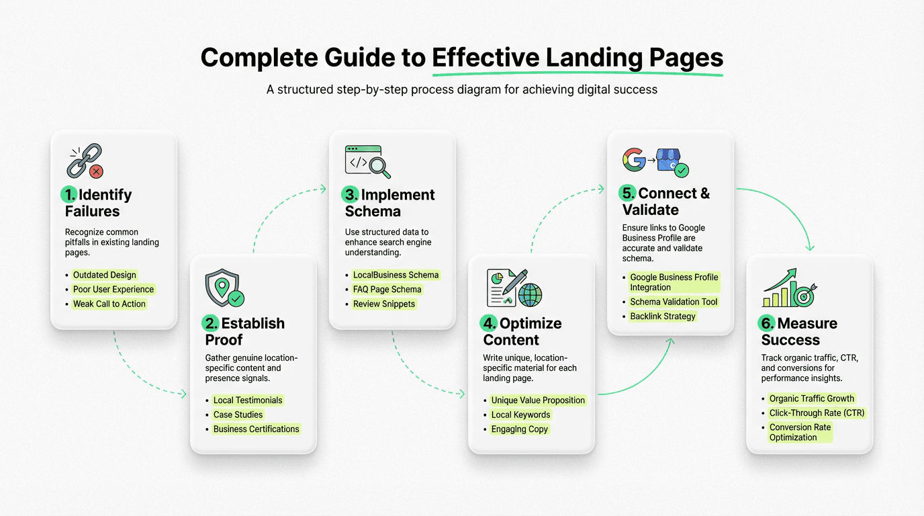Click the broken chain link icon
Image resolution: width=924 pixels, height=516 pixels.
(x=85, y=161)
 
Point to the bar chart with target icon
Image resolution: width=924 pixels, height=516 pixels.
(x=788, y=289)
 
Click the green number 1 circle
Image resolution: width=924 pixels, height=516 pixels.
(x=69, y=195)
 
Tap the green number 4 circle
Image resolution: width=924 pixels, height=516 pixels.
(x=488, y=323)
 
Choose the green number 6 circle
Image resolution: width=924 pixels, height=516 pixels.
(x=767, y=323)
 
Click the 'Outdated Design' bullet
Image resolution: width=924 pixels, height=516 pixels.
(x=105, y=275)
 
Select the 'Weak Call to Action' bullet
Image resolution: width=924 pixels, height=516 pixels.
(x=109, y=304)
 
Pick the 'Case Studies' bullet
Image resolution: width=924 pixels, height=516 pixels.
(x=238, y=415)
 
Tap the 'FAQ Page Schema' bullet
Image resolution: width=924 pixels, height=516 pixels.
(x=387, y=290)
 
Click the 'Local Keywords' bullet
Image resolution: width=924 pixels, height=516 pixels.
(x=520, y=415)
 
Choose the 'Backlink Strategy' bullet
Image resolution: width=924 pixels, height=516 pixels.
(x=663, y=316)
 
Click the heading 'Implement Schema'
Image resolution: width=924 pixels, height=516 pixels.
(x=390, y=203)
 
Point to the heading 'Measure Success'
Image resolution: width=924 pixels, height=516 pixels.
(x=799, y=331)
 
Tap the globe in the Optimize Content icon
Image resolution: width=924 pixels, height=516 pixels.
(x=530, y=294)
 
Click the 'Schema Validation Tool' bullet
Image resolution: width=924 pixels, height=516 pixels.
(x=674, y=302)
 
